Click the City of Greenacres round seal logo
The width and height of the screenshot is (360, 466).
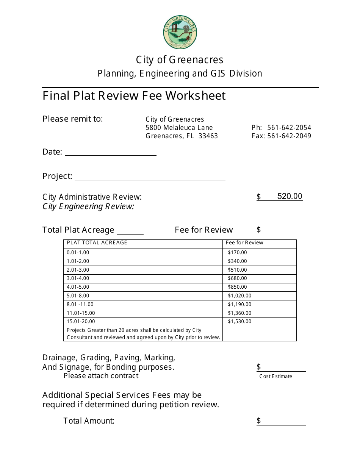180,33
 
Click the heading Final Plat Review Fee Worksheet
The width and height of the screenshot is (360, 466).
134,96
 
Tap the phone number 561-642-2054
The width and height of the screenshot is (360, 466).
289,128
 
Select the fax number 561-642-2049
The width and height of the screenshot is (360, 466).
289,136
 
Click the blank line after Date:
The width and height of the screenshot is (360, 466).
110,153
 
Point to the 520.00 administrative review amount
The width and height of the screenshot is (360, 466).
290,196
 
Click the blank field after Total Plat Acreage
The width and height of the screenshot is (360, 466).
130,231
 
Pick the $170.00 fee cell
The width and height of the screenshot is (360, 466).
237,253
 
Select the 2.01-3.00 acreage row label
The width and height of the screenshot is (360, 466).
78,270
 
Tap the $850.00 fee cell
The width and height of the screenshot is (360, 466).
237,287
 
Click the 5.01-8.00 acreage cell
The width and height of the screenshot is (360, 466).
78,296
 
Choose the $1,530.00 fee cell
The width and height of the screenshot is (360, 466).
239,322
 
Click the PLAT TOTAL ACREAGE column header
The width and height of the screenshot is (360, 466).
97,243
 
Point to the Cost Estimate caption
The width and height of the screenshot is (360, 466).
275,376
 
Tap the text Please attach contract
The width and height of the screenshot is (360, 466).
101,376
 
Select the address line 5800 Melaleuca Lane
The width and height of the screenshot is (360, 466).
179,128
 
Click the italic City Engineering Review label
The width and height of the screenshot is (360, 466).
88,206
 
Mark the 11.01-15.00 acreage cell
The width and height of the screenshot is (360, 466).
81,313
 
